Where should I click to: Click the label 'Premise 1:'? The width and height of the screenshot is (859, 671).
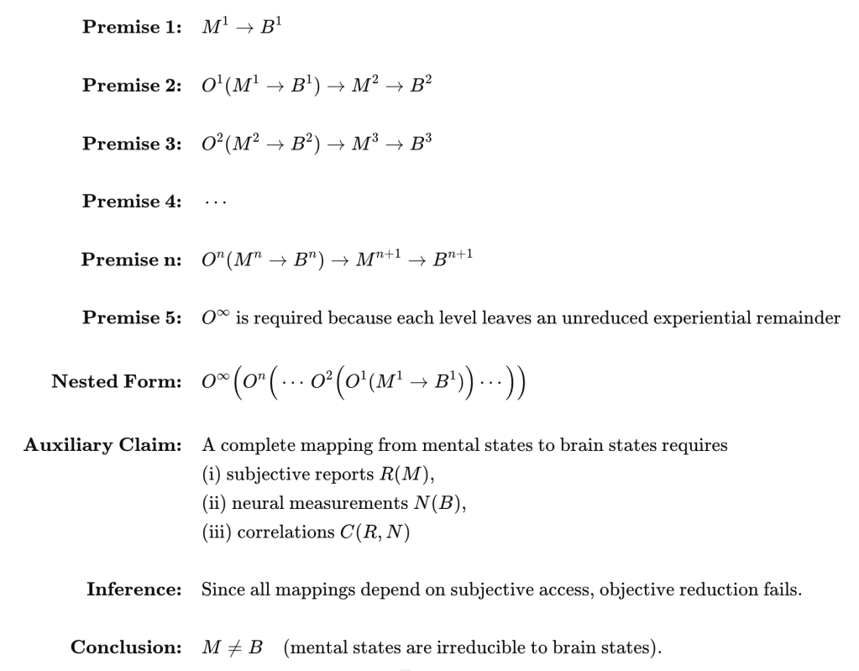click(x=132, y=27)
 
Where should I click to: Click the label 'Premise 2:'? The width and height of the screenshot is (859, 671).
click(x=132, y=86)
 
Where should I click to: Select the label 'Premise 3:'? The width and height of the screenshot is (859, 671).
click(x=132, y=144)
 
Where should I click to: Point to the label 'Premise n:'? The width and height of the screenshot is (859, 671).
click(x=132, y=259)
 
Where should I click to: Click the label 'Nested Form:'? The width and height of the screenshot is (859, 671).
click(x=117, y=381)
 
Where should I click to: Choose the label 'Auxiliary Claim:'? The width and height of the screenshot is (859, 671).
click(x=102, y=446)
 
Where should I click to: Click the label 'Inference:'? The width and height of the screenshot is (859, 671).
click(x=134, y=590)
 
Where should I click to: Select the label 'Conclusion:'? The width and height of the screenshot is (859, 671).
click(x=126, y=648)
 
